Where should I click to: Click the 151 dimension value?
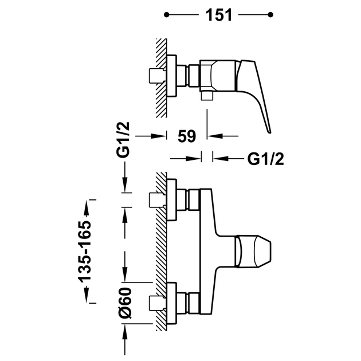click(218, 15)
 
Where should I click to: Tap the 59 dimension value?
click(187, 136)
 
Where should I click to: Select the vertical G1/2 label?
click(123, 140)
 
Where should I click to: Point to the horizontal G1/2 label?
click(265, 159)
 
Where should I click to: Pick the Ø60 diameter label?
click(125, 303)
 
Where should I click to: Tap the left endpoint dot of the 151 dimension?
click(166, 15)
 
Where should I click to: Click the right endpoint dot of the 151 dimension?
click(270, 15)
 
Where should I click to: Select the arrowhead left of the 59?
click(158, 136)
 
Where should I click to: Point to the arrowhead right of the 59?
click(215, 136)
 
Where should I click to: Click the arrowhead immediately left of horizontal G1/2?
click(221, 159)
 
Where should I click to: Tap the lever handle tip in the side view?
click(269, 132)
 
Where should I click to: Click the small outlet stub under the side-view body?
click(206, 96)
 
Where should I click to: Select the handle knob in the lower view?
click(253, 252)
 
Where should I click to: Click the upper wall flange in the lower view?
click(172, 200)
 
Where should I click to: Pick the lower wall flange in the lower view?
click(172, 303)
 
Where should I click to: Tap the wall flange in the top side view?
click(171, 76)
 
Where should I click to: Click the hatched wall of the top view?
click(161, 78)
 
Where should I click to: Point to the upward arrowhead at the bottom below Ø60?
click(125, 332)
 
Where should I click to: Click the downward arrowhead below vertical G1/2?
click(125, 185)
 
